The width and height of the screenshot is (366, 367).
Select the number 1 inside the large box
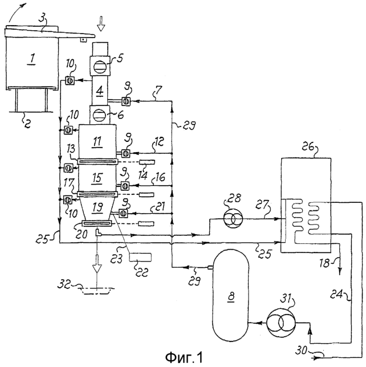(32, 59)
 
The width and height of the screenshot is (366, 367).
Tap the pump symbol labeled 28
(233, 219)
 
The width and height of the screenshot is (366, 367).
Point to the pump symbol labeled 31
(281, 323)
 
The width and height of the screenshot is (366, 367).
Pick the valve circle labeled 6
(100, 116)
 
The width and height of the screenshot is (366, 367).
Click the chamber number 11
(97, 141)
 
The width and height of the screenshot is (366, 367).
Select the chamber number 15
(97, 178)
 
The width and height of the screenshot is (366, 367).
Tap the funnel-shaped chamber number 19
(98, 207)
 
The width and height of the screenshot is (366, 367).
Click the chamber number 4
(100, 91)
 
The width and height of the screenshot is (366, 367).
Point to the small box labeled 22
(140, 257)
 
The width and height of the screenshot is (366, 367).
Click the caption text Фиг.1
(184, 357)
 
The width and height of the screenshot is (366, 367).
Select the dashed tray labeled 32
(97, 291)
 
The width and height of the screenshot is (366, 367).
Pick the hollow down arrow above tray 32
(97, 265)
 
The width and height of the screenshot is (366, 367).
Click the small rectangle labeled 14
(147, 162)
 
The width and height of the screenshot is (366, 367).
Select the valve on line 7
(126, 101)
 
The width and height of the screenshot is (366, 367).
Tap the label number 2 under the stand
(27, 123)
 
